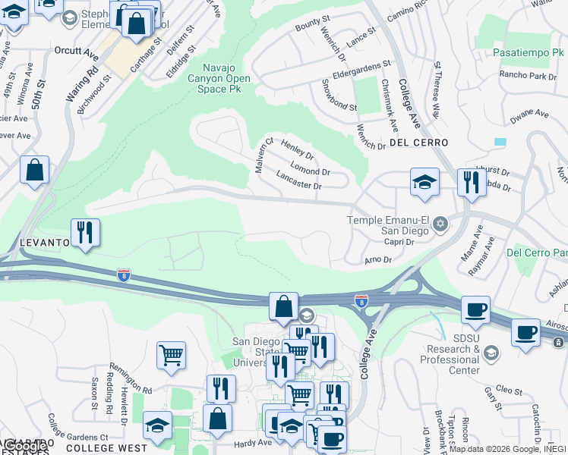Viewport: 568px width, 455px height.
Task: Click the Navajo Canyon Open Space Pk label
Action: pos(225,77)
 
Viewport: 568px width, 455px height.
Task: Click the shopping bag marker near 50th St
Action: pos(35,170)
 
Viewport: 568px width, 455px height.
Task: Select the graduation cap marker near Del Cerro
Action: pos(424,182)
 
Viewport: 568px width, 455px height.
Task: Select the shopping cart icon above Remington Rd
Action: pos(171,355)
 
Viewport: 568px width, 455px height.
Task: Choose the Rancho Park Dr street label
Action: pos(529,76)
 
